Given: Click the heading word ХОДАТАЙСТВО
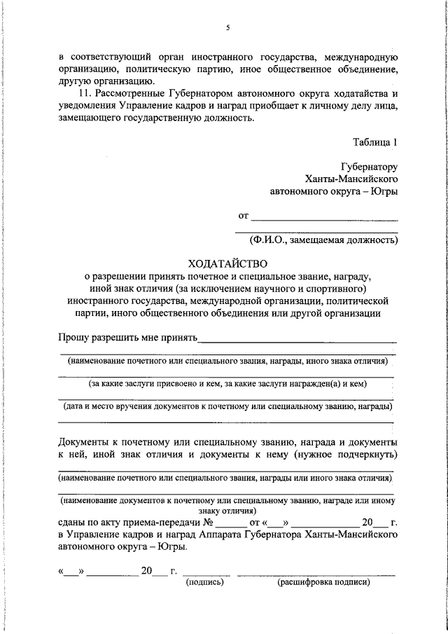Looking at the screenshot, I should pyautogui.click(x=228, y=263).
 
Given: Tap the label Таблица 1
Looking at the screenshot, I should pyautogui.click(x=375, y=142).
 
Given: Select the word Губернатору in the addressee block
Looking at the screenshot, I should pyautogui.click(x=369, y=167).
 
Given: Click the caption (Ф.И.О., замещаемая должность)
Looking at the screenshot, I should pyautogui.click(x=324, y=240).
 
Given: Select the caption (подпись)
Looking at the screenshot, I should pyautogui.click(x=204, y=582).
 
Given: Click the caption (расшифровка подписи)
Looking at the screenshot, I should pyautogui.click(x=323, y=582).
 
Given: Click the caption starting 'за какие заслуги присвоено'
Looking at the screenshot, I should pyautogui.click(x=227, y=384).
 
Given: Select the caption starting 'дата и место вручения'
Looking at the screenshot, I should pyautogui.click(x=227, y=406).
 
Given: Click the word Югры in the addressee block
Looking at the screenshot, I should pyautogui.click(x=384, y=191).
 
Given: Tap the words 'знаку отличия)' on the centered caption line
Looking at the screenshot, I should pyautogui.click(x=227, y=511).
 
